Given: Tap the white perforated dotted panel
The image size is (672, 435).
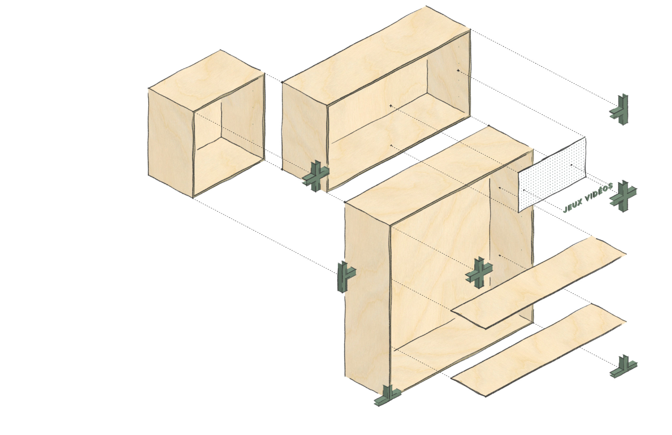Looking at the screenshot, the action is [552, 175].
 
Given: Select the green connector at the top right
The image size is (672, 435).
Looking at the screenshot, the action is [619, 110].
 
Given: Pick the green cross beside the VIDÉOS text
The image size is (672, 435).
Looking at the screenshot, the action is [623, 196].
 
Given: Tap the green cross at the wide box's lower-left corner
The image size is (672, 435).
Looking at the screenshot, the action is [316, 176].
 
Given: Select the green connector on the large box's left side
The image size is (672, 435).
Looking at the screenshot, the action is [346, 277].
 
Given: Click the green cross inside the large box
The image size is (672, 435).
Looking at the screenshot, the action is [479, 273].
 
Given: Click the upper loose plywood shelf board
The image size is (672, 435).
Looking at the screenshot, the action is [538, 283].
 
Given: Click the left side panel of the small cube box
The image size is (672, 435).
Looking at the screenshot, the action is [171, 143].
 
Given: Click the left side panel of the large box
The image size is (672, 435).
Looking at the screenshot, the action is [367, 298].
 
